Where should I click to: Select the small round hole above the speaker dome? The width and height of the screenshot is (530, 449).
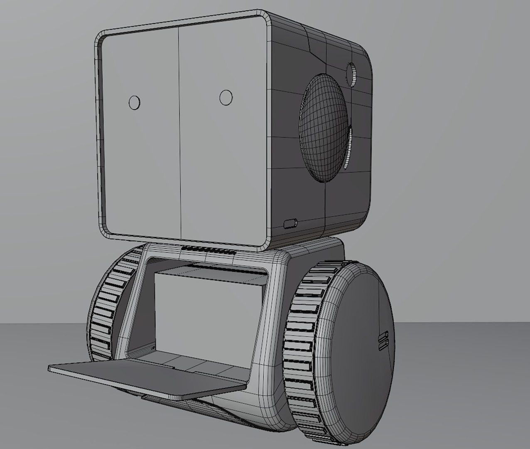tap(352, 74)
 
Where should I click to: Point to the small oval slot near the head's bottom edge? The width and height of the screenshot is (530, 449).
tap(290, 224)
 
